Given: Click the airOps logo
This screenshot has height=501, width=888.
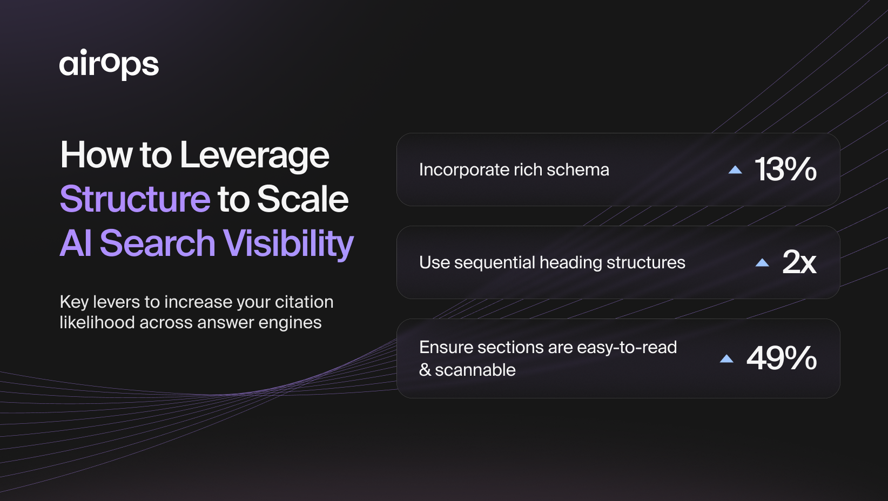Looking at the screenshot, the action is pos(109,64).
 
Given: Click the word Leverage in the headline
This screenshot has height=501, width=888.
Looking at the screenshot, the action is pos(254,156).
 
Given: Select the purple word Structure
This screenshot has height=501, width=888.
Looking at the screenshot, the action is pos(135,199).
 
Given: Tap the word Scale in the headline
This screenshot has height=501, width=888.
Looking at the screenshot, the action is pos(303,199).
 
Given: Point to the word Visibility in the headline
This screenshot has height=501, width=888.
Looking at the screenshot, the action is pos(288,244).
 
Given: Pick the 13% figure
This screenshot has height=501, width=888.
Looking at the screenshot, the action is pos(785,169).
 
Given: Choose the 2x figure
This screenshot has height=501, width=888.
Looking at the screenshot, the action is pos(799,262).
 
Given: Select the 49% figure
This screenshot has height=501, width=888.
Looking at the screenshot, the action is pos(782,358).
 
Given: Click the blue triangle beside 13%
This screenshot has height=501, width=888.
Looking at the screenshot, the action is pos(735,170).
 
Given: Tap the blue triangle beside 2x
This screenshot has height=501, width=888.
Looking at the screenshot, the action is pos(762,262).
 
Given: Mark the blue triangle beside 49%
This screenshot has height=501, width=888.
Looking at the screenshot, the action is pos(726,358).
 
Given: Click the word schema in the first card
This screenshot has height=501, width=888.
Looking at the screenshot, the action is pos(577,170).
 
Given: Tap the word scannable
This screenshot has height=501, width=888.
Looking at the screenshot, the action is pos(475,370).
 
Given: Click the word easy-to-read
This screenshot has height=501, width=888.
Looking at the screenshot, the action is pos(627,348).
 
